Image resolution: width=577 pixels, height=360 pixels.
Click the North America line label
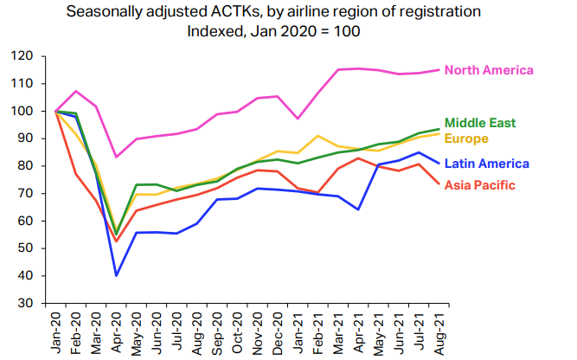point(488,70)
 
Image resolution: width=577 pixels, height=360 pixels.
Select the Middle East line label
point(479,123)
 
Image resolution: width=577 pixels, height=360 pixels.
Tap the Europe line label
point(466,138)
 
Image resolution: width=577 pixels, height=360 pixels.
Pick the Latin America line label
point(485,164)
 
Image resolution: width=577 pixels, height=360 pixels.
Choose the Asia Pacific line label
point(478,185)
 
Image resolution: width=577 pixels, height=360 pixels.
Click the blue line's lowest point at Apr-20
point(117,275)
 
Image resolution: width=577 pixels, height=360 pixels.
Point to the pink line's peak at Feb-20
point(76,91)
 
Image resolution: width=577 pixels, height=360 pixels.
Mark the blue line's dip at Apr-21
point(358,209)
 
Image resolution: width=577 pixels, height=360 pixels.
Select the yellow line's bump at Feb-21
point(318,136)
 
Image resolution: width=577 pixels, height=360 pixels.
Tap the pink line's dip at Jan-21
point(298,119)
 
